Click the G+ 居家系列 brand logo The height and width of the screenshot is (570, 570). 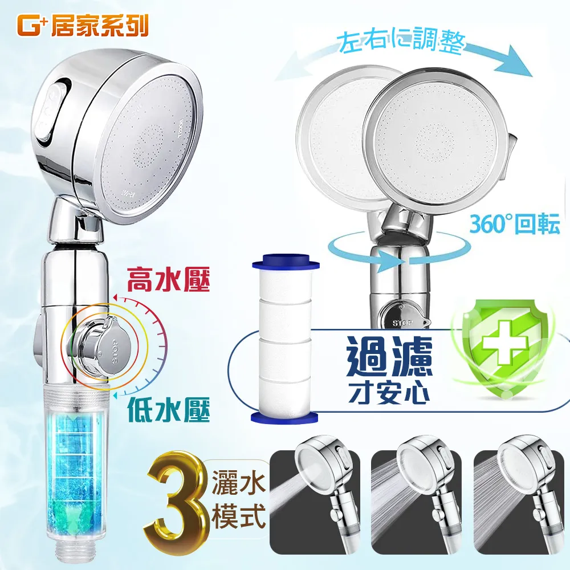click(83, 26)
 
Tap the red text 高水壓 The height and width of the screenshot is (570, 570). click(161, 280)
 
